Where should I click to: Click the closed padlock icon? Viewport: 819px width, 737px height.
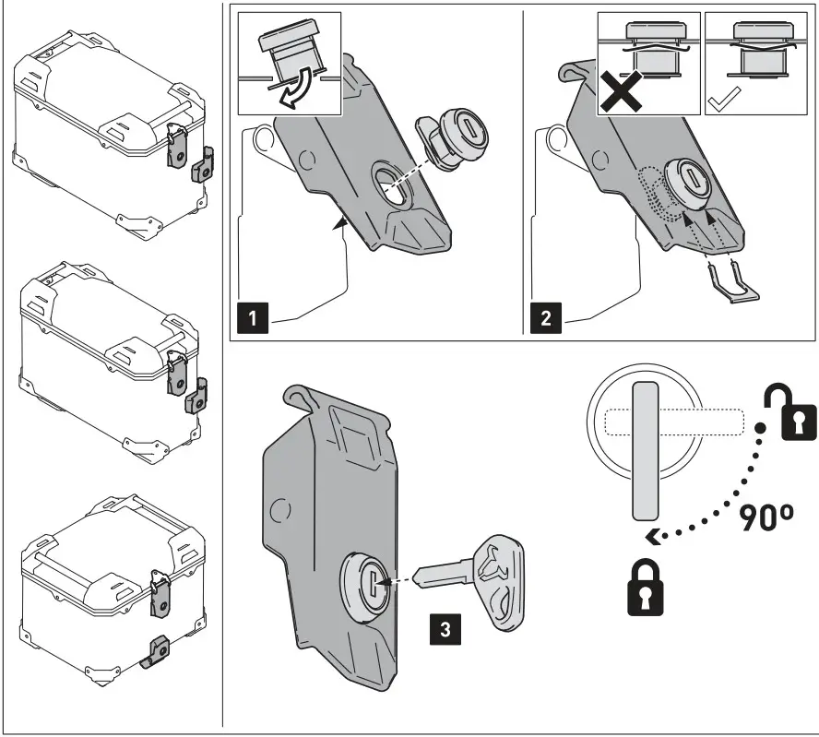pyautogui.click(x=646, y=590)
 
